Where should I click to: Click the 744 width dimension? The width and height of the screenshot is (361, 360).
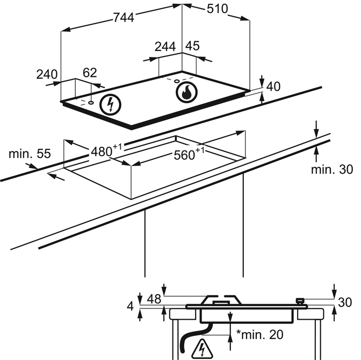(x=124, y=17)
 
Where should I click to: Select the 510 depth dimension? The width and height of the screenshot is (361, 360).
(x=218, y=9)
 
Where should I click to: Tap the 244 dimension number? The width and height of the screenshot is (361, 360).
(x=165, y=46)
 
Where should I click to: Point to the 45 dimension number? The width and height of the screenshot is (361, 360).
(x=192, y=46)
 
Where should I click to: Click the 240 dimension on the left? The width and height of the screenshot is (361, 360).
(x=47, y=74)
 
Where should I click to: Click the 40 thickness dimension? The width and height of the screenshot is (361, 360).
(x=273, y=86)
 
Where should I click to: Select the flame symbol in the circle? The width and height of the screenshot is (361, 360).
(x=187, y=92)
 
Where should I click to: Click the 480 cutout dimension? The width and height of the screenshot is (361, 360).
(x=102, y=152)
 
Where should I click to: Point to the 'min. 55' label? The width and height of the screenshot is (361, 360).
(x=30, y=154)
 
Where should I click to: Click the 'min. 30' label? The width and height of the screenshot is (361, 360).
(x=332, y=170)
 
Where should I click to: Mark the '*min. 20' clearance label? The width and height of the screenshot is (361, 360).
(x=259, y=334)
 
